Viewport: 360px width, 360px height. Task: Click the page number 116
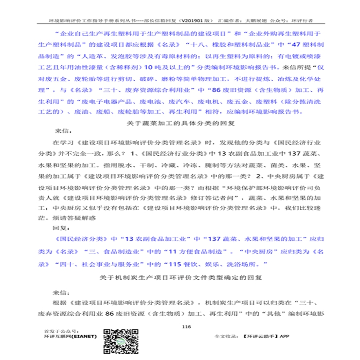tap(185, 326)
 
